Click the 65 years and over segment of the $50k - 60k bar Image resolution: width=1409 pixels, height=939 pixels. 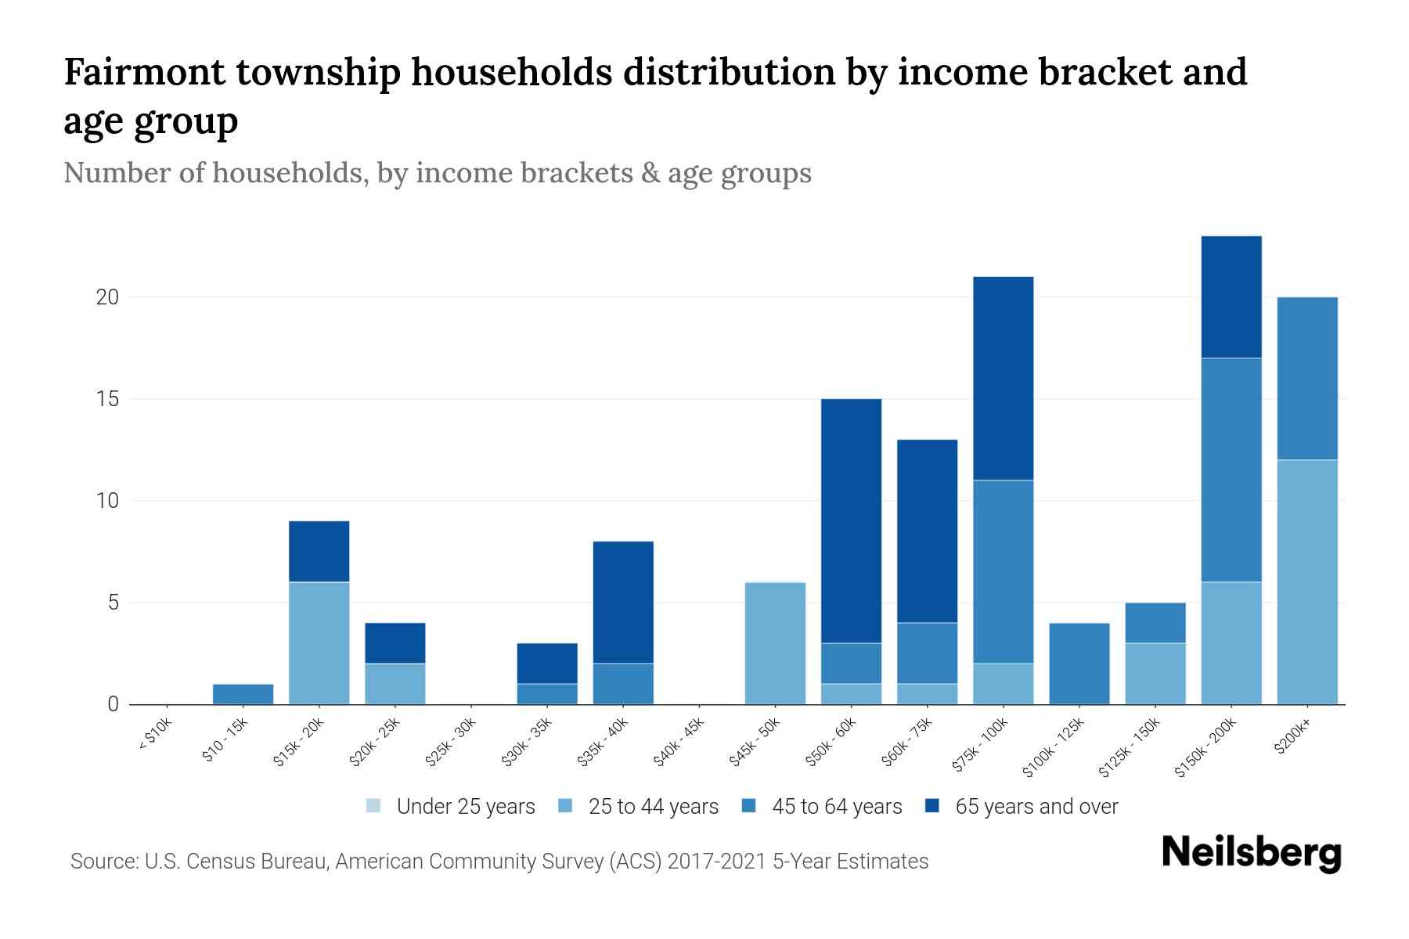[851, 520]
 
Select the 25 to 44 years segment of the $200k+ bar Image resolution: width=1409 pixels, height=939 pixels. [1306, 581]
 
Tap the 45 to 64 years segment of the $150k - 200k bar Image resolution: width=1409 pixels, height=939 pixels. [1231, 469]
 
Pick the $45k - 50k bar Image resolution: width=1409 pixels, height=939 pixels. [775, 643]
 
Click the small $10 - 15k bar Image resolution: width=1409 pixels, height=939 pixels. [243, 694]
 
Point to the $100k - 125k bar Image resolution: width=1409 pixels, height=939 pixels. [1079, 664]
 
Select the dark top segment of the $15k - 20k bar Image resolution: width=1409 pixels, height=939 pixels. [319, 551]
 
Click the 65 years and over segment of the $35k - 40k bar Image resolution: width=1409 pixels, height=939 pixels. [623, 602]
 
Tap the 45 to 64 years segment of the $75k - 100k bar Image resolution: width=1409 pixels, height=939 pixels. [1003, 571]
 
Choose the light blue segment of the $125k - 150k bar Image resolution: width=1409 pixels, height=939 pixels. [1155, 673]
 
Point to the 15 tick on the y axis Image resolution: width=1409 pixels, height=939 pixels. [107, 399]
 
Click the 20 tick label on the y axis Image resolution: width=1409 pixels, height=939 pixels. [107, 297]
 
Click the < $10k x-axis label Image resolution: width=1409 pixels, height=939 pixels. [155, 736]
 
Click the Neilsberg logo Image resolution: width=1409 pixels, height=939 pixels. [1251, 853]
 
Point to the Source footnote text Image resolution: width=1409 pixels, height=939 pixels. [499, 862]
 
